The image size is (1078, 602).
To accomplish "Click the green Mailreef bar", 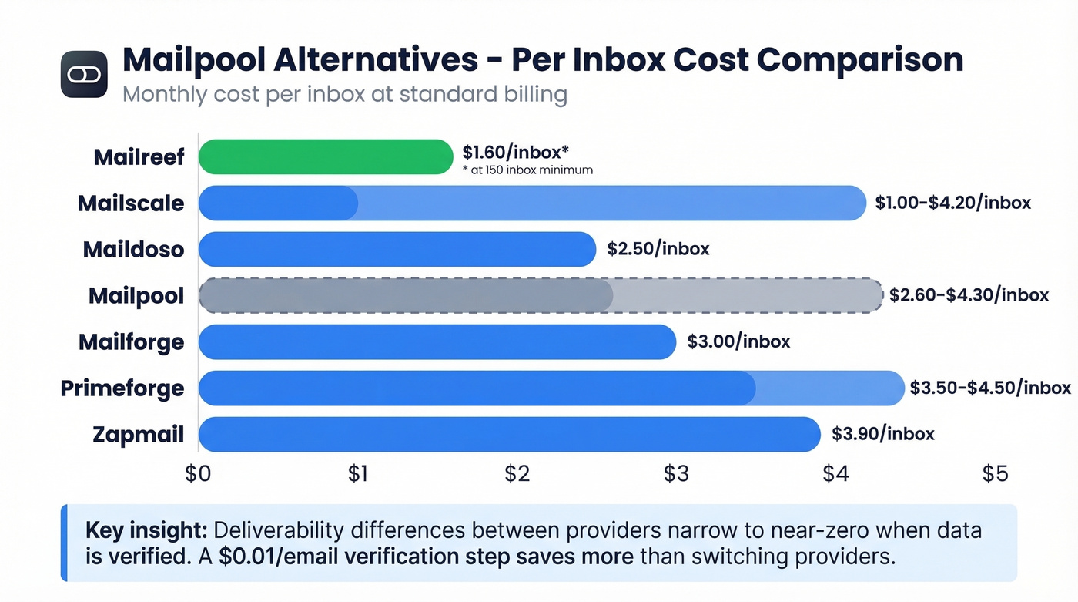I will click(325, 156).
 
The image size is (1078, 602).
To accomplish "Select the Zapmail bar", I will click(508, 434).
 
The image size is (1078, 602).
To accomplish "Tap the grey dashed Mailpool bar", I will click(539, 295).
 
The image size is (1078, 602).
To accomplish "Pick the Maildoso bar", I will click(397, 249).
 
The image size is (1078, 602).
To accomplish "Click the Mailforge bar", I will click(437, 341).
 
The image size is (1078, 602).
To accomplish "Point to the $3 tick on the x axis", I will click(675, 474).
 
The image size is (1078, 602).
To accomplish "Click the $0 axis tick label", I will click(198, 474).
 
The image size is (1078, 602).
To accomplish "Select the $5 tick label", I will click(994, 474).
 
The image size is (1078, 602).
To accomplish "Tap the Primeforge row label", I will click(122, 388).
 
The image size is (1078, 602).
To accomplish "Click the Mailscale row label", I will click(131, 203).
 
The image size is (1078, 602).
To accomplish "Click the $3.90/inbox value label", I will click(882, 434).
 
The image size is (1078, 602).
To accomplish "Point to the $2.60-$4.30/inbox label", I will click(969, 295).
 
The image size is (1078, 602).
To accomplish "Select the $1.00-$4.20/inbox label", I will click(952, 203).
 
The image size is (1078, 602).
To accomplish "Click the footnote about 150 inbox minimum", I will click(527, 170).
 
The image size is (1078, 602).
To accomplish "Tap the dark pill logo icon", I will click(83, 74).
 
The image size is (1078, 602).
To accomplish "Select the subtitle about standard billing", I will click(344, 95).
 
